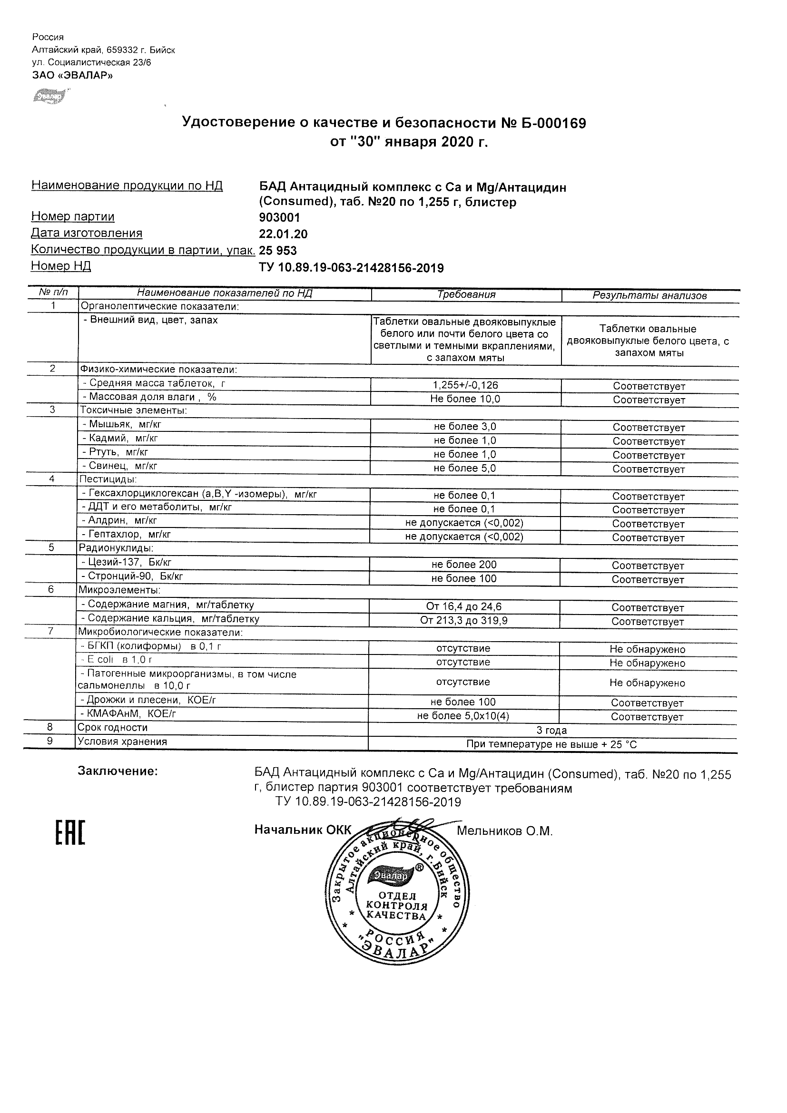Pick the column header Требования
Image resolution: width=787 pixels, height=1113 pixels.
(466, 294)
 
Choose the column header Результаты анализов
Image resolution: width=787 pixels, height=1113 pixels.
(649, 295)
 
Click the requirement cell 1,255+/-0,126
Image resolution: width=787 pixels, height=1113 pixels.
(465, 385)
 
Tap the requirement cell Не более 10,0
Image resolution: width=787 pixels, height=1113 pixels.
(465, 399)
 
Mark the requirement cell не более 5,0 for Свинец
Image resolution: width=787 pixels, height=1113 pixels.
(465, 469)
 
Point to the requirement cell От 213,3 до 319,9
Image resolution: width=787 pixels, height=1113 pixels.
(464, 621)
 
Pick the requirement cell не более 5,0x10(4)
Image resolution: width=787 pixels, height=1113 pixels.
(463, 716)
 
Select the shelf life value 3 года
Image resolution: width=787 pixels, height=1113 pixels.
(551, 730)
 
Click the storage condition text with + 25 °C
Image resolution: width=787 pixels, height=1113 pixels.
(551, 744)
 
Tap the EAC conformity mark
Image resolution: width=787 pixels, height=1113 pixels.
(70, 833)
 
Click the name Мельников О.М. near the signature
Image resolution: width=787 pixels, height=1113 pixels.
(504, 831)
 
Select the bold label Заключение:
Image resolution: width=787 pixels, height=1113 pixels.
(118, 771)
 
